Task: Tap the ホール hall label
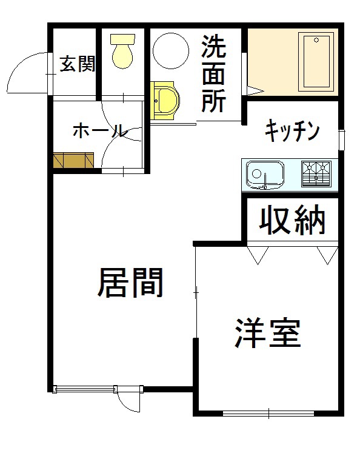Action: (x=99, y=130)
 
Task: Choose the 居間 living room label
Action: (x=130, y=283)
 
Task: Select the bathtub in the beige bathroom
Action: (x=317, y=61)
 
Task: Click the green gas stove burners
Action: (x=316, y=173)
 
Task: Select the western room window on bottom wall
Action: (x=268, y=414)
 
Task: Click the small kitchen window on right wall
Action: (x=342, y=139)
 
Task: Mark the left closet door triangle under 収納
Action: (x=256, y=254)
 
